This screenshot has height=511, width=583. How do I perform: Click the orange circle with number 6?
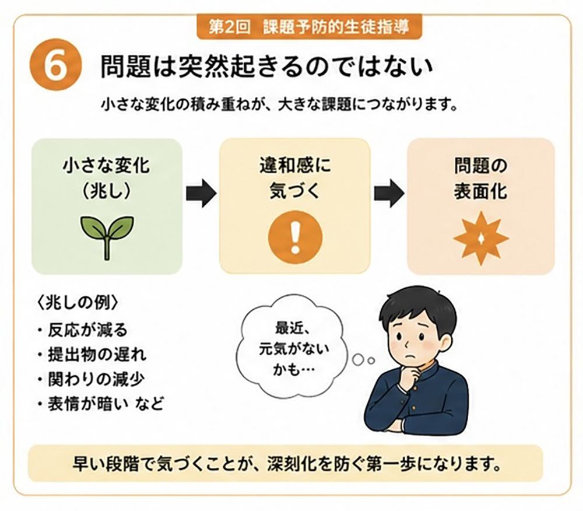[x=56, y=65]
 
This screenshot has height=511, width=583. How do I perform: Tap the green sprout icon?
[x=107, y=237]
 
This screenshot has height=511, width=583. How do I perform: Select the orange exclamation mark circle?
[x=295, y=237]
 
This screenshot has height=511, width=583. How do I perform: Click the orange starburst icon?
[x=481, y=239]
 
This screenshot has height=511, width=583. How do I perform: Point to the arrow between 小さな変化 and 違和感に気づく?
[x=201, y=192]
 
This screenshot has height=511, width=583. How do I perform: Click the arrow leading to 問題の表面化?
[x=389, y=192]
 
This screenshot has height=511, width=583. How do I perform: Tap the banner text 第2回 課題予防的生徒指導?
[x=309, y=27]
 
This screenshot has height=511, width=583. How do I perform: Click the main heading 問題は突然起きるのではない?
[x=267, y=67]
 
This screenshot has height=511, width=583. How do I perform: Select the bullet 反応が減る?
[x=83, y=330]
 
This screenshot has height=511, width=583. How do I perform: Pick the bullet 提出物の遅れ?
[x=92, y=355]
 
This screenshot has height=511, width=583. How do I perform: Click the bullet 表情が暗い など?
[x=100, y=404]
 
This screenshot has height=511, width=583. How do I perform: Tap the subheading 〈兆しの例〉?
[x=78, y=303]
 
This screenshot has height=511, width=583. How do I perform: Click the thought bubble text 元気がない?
[x=294, y=349]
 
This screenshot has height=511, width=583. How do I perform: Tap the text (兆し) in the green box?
[x=107, y=191]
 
